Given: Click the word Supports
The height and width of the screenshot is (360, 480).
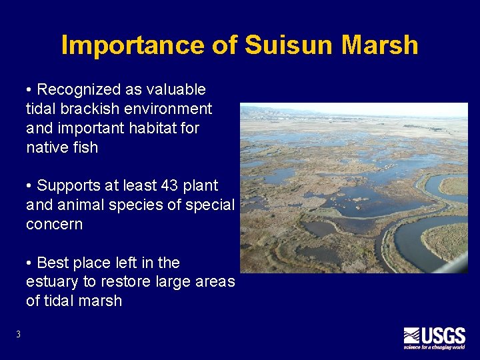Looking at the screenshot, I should [67, 185].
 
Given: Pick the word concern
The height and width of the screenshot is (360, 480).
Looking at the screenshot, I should [54, 224].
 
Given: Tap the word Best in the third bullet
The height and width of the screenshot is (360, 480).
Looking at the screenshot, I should [52, 262].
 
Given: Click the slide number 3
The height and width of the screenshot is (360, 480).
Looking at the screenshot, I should [18, 335].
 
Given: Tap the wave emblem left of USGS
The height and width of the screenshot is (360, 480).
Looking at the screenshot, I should [411, 335].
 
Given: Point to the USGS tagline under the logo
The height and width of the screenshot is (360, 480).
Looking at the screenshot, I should [434, 347].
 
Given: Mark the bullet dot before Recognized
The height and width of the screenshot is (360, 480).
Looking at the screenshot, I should [30, 90].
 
